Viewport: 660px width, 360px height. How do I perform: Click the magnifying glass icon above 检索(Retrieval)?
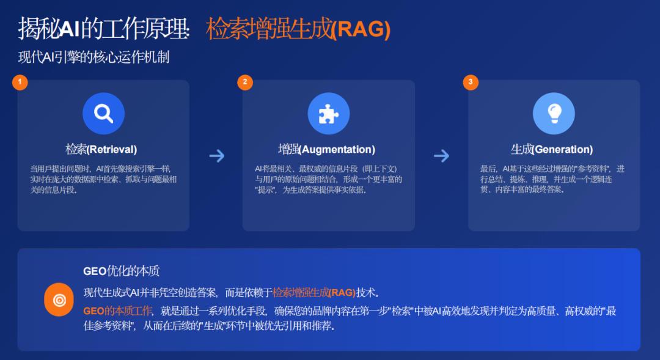103,113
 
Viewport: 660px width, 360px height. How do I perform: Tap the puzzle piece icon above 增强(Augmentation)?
329,113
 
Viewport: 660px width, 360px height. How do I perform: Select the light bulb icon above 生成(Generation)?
554,113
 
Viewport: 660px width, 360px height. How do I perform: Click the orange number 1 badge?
20,82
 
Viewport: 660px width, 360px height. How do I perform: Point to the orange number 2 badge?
245,82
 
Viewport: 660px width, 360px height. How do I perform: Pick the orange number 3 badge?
471,82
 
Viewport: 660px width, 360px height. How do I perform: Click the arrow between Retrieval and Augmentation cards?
217,156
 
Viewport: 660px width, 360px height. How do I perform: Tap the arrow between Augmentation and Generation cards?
442,156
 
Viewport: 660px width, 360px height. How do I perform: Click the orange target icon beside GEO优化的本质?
59,299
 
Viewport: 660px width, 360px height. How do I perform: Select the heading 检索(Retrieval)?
101,149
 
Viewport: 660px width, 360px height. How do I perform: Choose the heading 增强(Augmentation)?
326,149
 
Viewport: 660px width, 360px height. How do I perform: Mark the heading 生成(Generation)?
552,149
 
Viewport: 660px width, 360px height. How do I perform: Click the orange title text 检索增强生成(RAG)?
298,29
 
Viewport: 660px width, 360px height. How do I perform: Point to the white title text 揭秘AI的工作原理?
103,29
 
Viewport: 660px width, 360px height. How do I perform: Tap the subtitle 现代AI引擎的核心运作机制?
94,57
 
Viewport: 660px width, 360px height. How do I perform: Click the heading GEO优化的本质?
121,271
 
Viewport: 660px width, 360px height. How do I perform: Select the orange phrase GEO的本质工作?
117,310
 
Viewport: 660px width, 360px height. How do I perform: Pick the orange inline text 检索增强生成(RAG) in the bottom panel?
314,292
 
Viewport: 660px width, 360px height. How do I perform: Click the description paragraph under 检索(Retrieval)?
103,179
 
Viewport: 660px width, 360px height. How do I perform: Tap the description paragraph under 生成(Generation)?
552,179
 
